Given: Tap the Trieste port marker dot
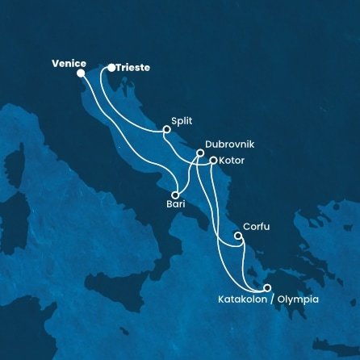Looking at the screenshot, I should (x=111, y=68).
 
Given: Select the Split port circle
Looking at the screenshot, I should (x=167, y=129).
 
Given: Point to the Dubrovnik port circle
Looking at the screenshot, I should (x=200, y=153).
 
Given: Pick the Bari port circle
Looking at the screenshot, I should (x=175, y=195).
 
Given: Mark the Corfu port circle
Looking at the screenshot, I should (x=237, y=237).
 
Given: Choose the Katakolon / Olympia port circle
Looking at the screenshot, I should (x=267, y=288).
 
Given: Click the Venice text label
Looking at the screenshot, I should (x=69, y=62).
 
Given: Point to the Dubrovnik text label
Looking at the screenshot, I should (x=230, y=142).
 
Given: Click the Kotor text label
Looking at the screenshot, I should (x=232, y=160).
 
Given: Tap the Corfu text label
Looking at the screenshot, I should (x=256, y=227).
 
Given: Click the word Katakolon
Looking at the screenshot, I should (x=242, y=300).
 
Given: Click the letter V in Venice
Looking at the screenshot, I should (x=55, y=62).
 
